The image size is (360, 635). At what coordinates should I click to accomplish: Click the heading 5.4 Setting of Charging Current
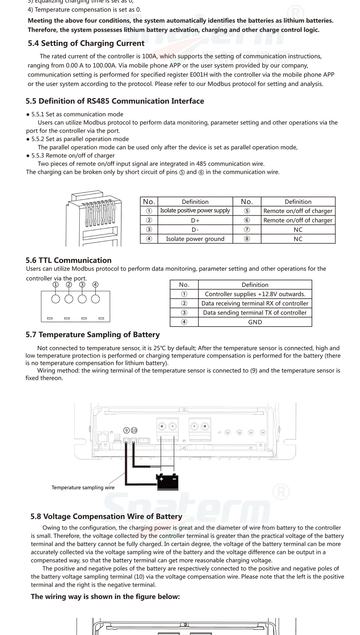pos(86,44)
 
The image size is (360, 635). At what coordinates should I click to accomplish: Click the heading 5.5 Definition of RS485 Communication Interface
pos(115,101)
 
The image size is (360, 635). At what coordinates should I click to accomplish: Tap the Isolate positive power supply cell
pos(195,211)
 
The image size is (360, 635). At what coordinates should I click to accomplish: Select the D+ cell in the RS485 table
pos(195,220)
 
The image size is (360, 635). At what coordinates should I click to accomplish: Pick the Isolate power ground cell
pos(195,239)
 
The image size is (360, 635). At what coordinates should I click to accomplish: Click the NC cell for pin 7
pos(298,230)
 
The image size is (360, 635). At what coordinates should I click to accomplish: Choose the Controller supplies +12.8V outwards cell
pos(255,294)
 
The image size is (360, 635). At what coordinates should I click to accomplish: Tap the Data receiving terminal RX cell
pos(255,303)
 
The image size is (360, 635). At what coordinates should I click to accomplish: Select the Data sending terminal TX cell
pos(255,313)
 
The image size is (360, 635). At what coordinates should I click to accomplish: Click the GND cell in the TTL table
pos(255,322)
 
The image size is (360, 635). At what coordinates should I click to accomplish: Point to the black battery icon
pos(168,482)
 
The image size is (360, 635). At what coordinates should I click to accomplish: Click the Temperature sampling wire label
pos(83,488)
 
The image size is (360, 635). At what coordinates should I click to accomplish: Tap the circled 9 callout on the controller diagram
pos(127,430)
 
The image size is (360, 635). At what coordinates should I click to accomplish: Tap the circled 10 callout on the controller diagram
pos(134,430)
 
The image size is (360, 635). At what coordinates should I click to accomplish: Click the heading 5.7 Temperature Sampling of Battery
pos(92,335)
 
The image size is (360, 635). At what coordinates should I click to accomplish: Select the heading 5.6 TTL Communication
pos(69,260)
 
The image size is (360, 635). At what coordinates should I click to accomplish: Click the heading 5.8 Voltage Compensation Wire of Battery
pos(106,516)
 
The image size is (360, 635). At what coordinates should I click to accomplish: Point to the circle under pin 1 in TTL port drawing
pos(56,299)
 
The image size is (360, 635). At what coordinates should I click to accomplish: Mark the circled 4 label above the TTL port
pos(95,285)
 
